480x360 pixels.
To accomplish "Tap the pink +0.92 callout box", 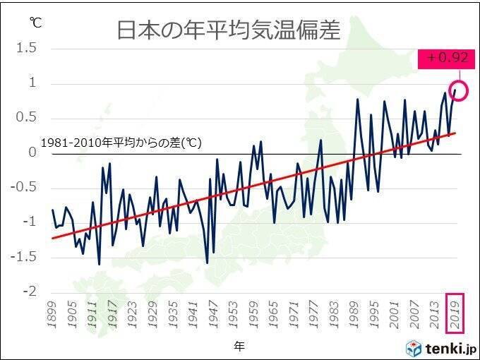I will (x=443, y=59).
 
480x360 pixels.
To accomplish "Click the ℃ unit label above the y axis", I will (x=35, y=23).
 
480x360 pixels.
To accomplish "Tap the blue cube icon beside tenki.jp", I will (x=414, y=347).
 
